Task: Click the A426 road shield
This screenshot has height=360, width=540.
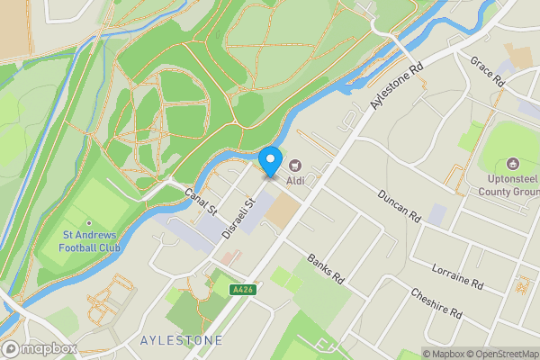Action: [x=240, y=290]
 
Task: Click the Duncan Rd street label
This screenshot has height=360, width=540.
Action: [x=400, y=205]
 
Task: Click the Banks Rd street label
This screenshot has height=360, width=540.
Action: [x=326, y=269]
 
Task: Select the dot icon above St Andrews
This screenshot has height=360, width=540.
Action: [x=88, y=223]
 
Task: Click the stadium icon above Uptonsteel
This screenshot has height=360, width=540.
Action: [x=513, y=164]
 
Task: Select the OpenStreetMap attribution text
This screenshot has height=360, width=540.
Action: [x=496, y=354]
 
